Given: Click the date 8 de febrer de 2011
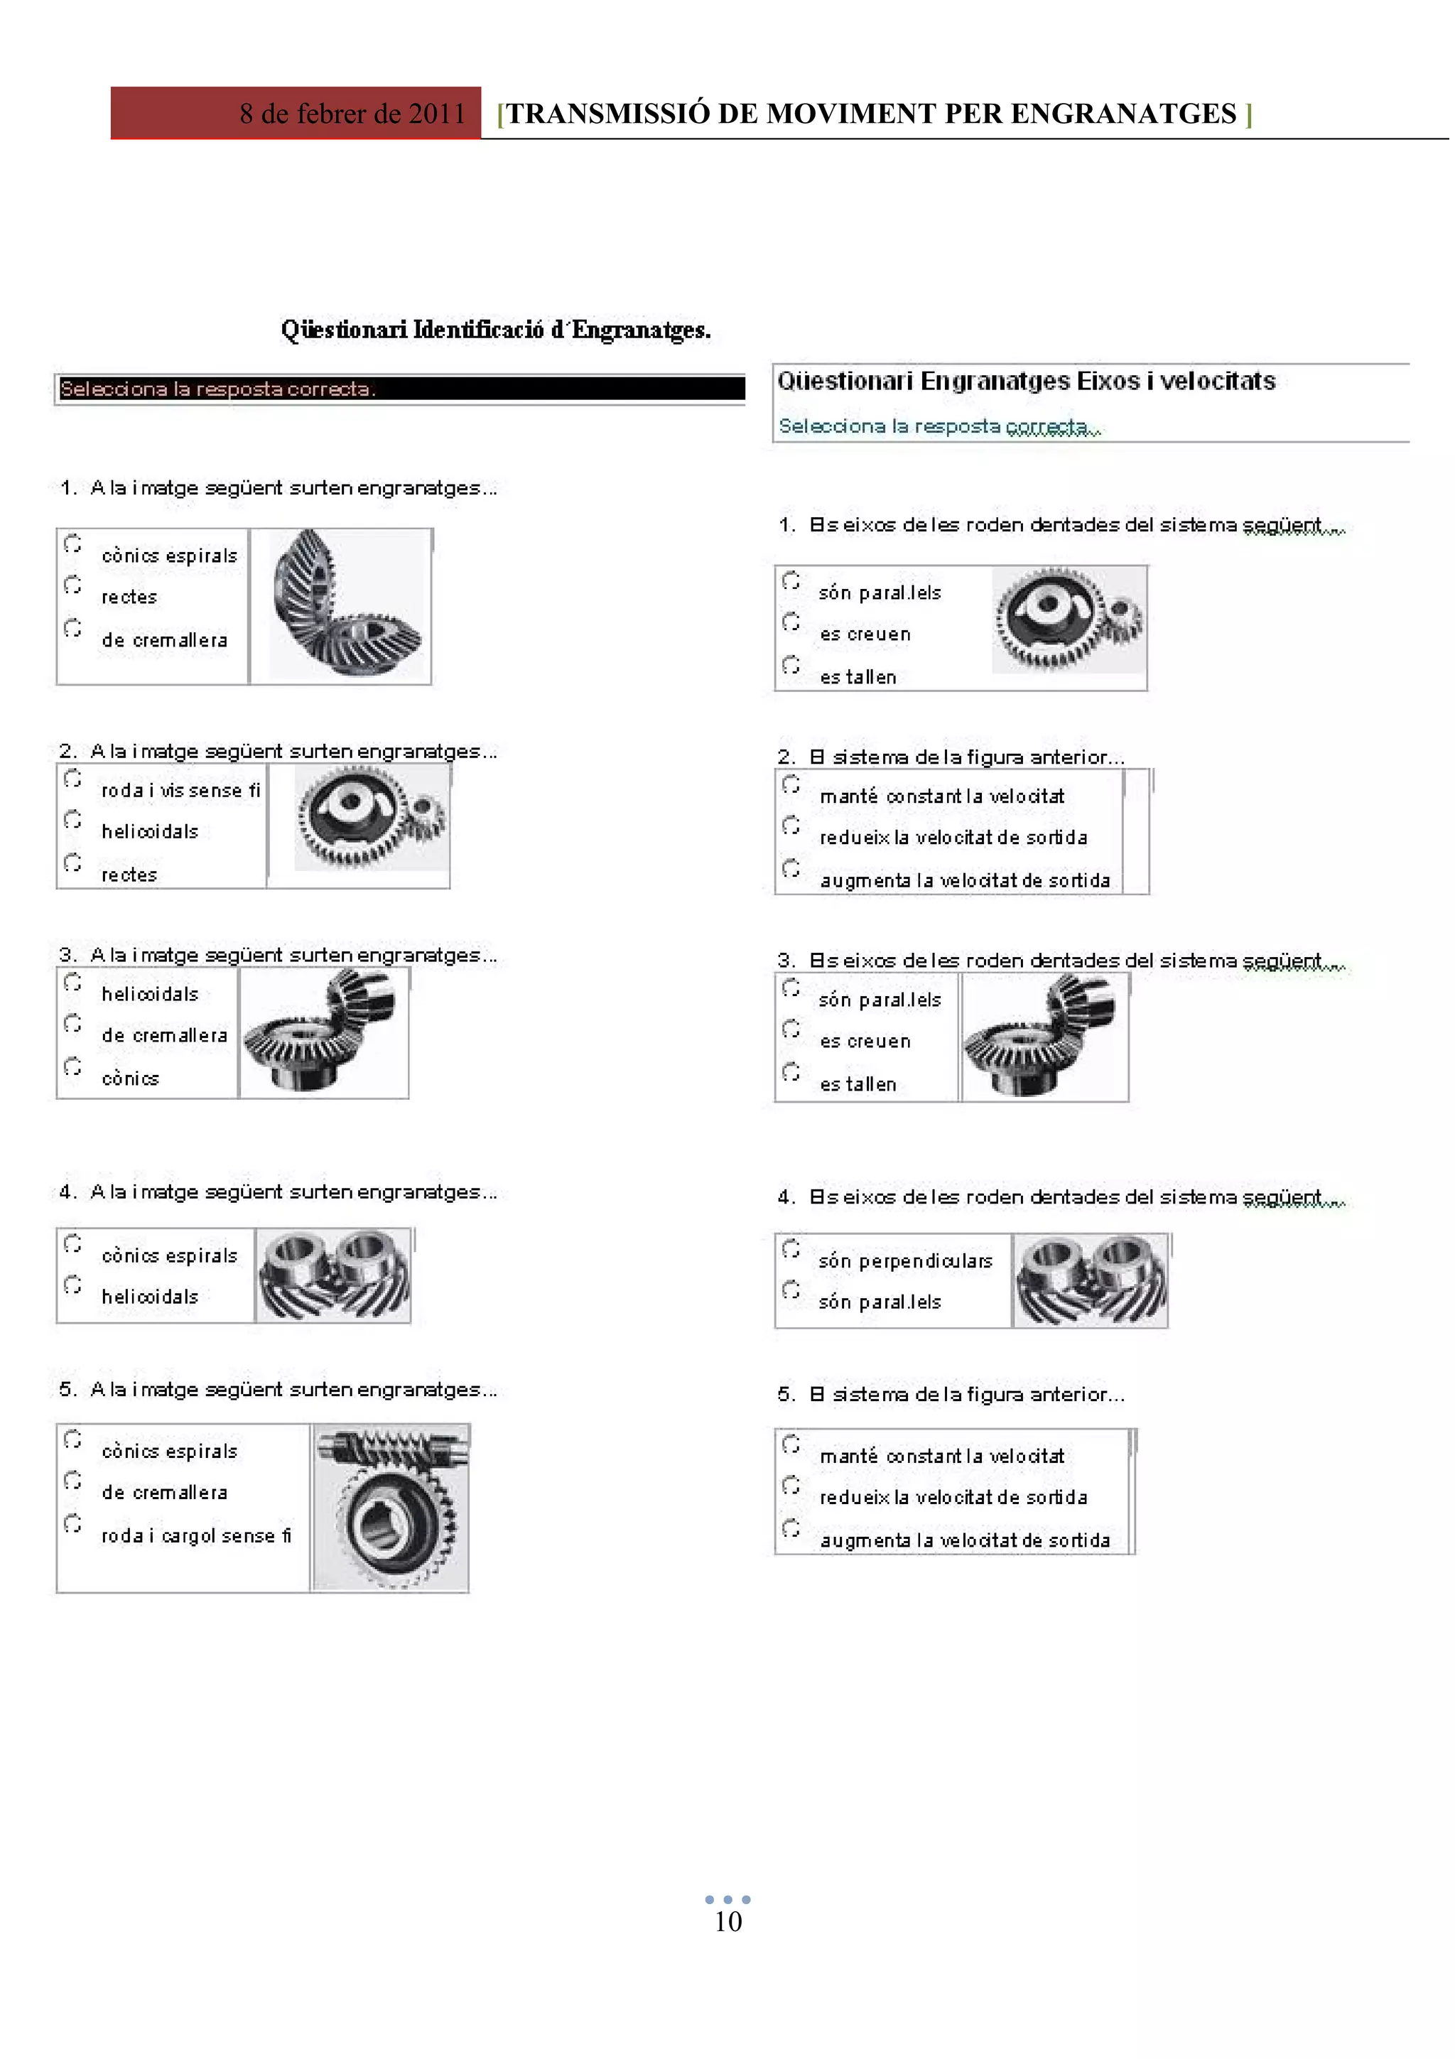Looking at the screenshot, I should (352, 114).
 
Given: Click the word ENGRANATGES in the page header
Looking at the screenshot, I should (1123, 114).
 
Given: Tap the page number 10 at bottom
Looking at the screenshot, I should (728, 1921).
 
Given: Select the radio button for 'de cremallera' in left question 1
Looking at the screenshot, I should (72, 628).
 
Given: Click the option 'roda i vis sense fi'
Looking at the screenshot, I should (180, 790).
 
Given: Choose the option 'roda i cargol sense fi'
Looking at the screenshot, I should (195, 1535).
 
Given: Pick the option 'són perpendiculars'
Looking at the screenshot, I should (905, 1261).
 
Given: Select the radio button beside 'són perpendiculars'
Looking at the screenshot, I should (791, 1249).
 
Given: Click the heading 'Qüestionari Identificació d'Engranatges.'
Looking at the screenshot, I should (496, 330).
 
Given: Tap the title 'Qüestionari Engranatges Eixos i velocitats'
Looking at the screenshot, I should (1026, 381).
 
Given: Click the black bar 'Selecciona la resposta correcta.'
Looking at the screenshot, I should (400, 389).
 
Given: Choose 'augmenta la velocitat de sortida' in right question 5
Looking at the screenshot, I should (965, 1540).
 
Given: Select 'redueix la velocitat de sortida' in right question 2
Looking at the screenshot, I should (953, 837).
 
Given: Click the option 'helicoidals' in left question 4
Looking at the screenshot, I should (150, 1297).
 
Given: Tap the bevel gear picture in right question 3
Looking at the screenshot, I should (1044, 1037).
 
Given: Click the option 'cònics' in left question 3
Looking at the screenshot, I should (130, 1078).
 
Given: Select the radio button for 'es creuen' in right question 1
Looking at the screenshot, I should (791, 622).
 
